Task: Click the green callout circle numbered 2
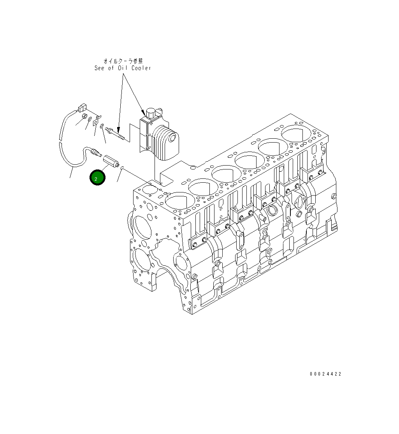point(97,178)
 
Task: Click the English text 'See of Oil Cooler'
point(123,68)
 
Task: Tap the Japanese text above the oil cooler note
point(123,61)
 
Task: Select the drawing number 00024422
point(325,374)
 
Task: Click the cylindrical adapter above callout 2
point(110,161)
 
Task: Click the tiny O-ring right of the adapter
point(122,168)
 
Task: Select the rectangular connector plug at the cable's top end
point(82,107)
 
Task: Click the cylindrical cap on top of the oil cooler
point(151,113)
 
